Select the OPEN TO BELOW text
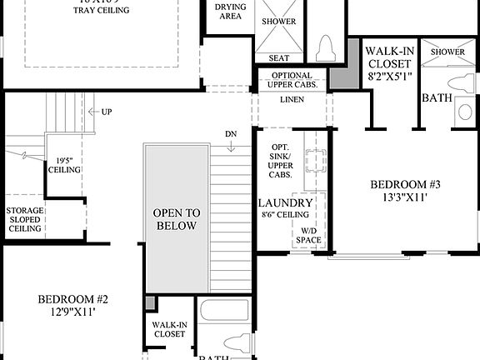click(175, 219)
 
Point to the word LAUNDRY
click(285, 203)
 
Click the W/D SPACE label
click(307, 235)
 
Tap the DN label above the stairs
click(231, 134)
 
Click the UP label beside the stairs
click(106, 112)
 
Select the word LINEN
click(292, 100)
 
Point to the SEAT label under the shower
click(278, 57)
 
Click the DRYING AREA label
click(230, 12)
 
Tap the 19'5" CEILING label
click(68, 165)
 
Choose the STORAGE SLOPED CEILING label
click(24, 219)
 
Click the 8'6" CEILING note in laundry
click(285, 214)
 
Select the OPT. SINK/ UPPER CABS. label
click(281, 161)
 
